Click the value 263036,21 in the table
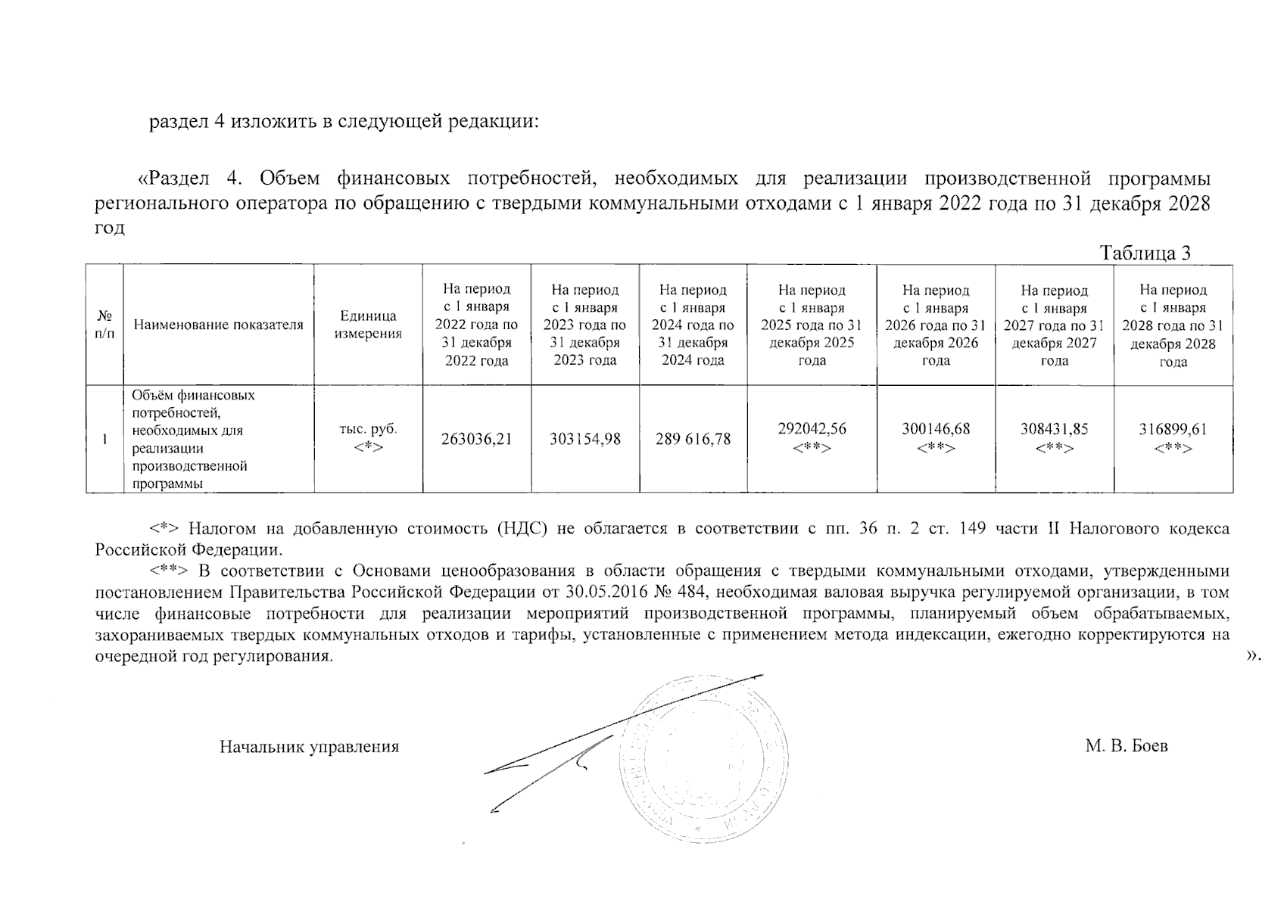(476, 439)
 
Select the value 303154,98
(585, 439)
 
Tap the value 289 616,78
(693, 439)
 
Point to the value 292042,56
(812, 429)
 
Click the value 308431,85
(1054, 429)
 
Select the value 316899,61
(1173, 429)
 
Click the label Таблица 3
(1145, 253)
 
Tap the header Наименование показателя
(218, 325)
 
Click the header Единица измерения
(368, 325)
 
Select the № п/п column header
(104, 325)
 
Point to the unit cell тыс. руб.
(368, 429)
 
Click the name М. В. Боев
(1126, 746)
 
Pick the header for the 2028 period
(1173, 325)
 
